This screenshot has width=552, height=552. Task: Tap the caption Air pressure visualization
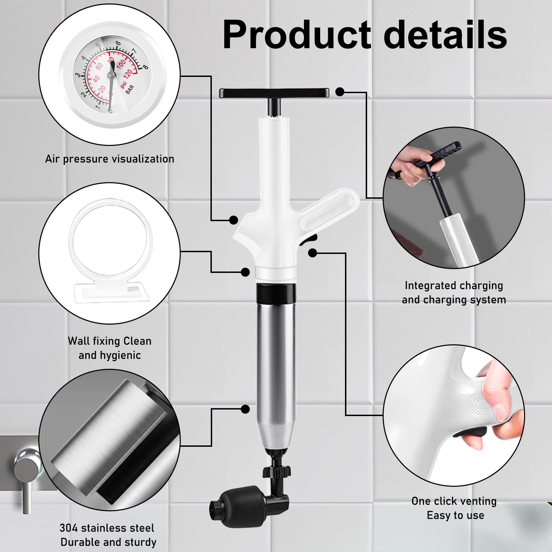(110, 159)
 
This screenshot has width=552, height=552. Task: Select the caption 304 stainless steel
(107, 528)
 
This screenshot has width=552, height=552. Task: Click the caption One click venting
(454, 501)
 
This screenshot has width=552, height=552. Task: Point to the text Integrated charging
(454, 285)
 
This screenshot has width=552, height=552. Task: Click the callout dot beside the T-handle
(340, 92)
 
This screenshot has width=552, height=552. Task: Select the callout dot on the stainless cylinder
(245, 409)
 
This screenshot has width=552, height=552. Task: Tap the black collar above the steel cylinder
(275, 292)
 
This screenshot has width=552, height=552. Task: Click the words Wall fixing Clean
(110, 341)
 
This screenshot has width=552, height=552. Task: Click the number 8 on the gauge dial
(145, 67)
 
